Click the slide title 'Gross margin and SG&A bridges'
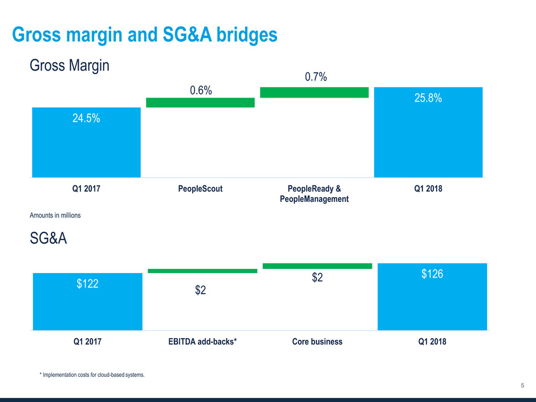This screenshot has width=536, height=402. point(145,35)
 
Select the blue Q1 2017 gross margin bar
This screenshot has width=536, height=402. point(86,148)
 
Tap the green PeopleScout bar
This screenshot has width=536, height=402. point(200,103)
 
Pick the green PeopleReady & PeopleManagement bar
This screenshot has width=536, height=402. point(314,92)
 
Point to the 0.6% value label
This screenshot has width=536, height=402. point(200,90)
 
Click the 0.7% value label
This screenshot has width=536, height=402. point(315,76)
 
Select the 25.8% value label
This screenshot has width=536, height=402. point(428,99)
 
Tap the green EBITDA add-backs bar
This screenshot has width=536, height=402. point(202,271)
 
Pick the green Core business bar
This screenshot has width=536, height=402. point(317,266)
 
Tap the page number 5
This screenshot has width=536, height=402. point(523,386)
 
